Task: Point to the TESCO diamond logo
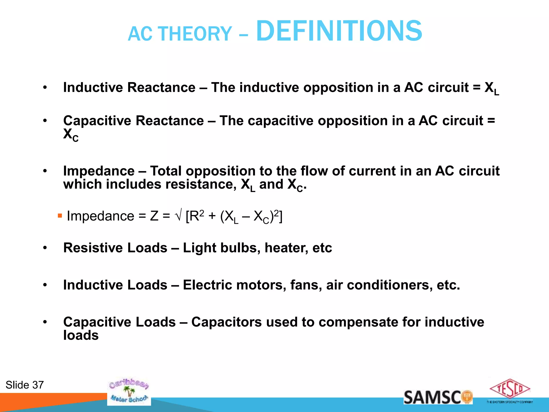[x=510, y=389]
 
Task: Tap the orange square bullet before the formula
[x=60, y=216]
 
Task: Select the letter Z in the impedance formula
[x=154, y=216]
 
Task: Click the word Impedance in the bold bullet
[x=99, y=171]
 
